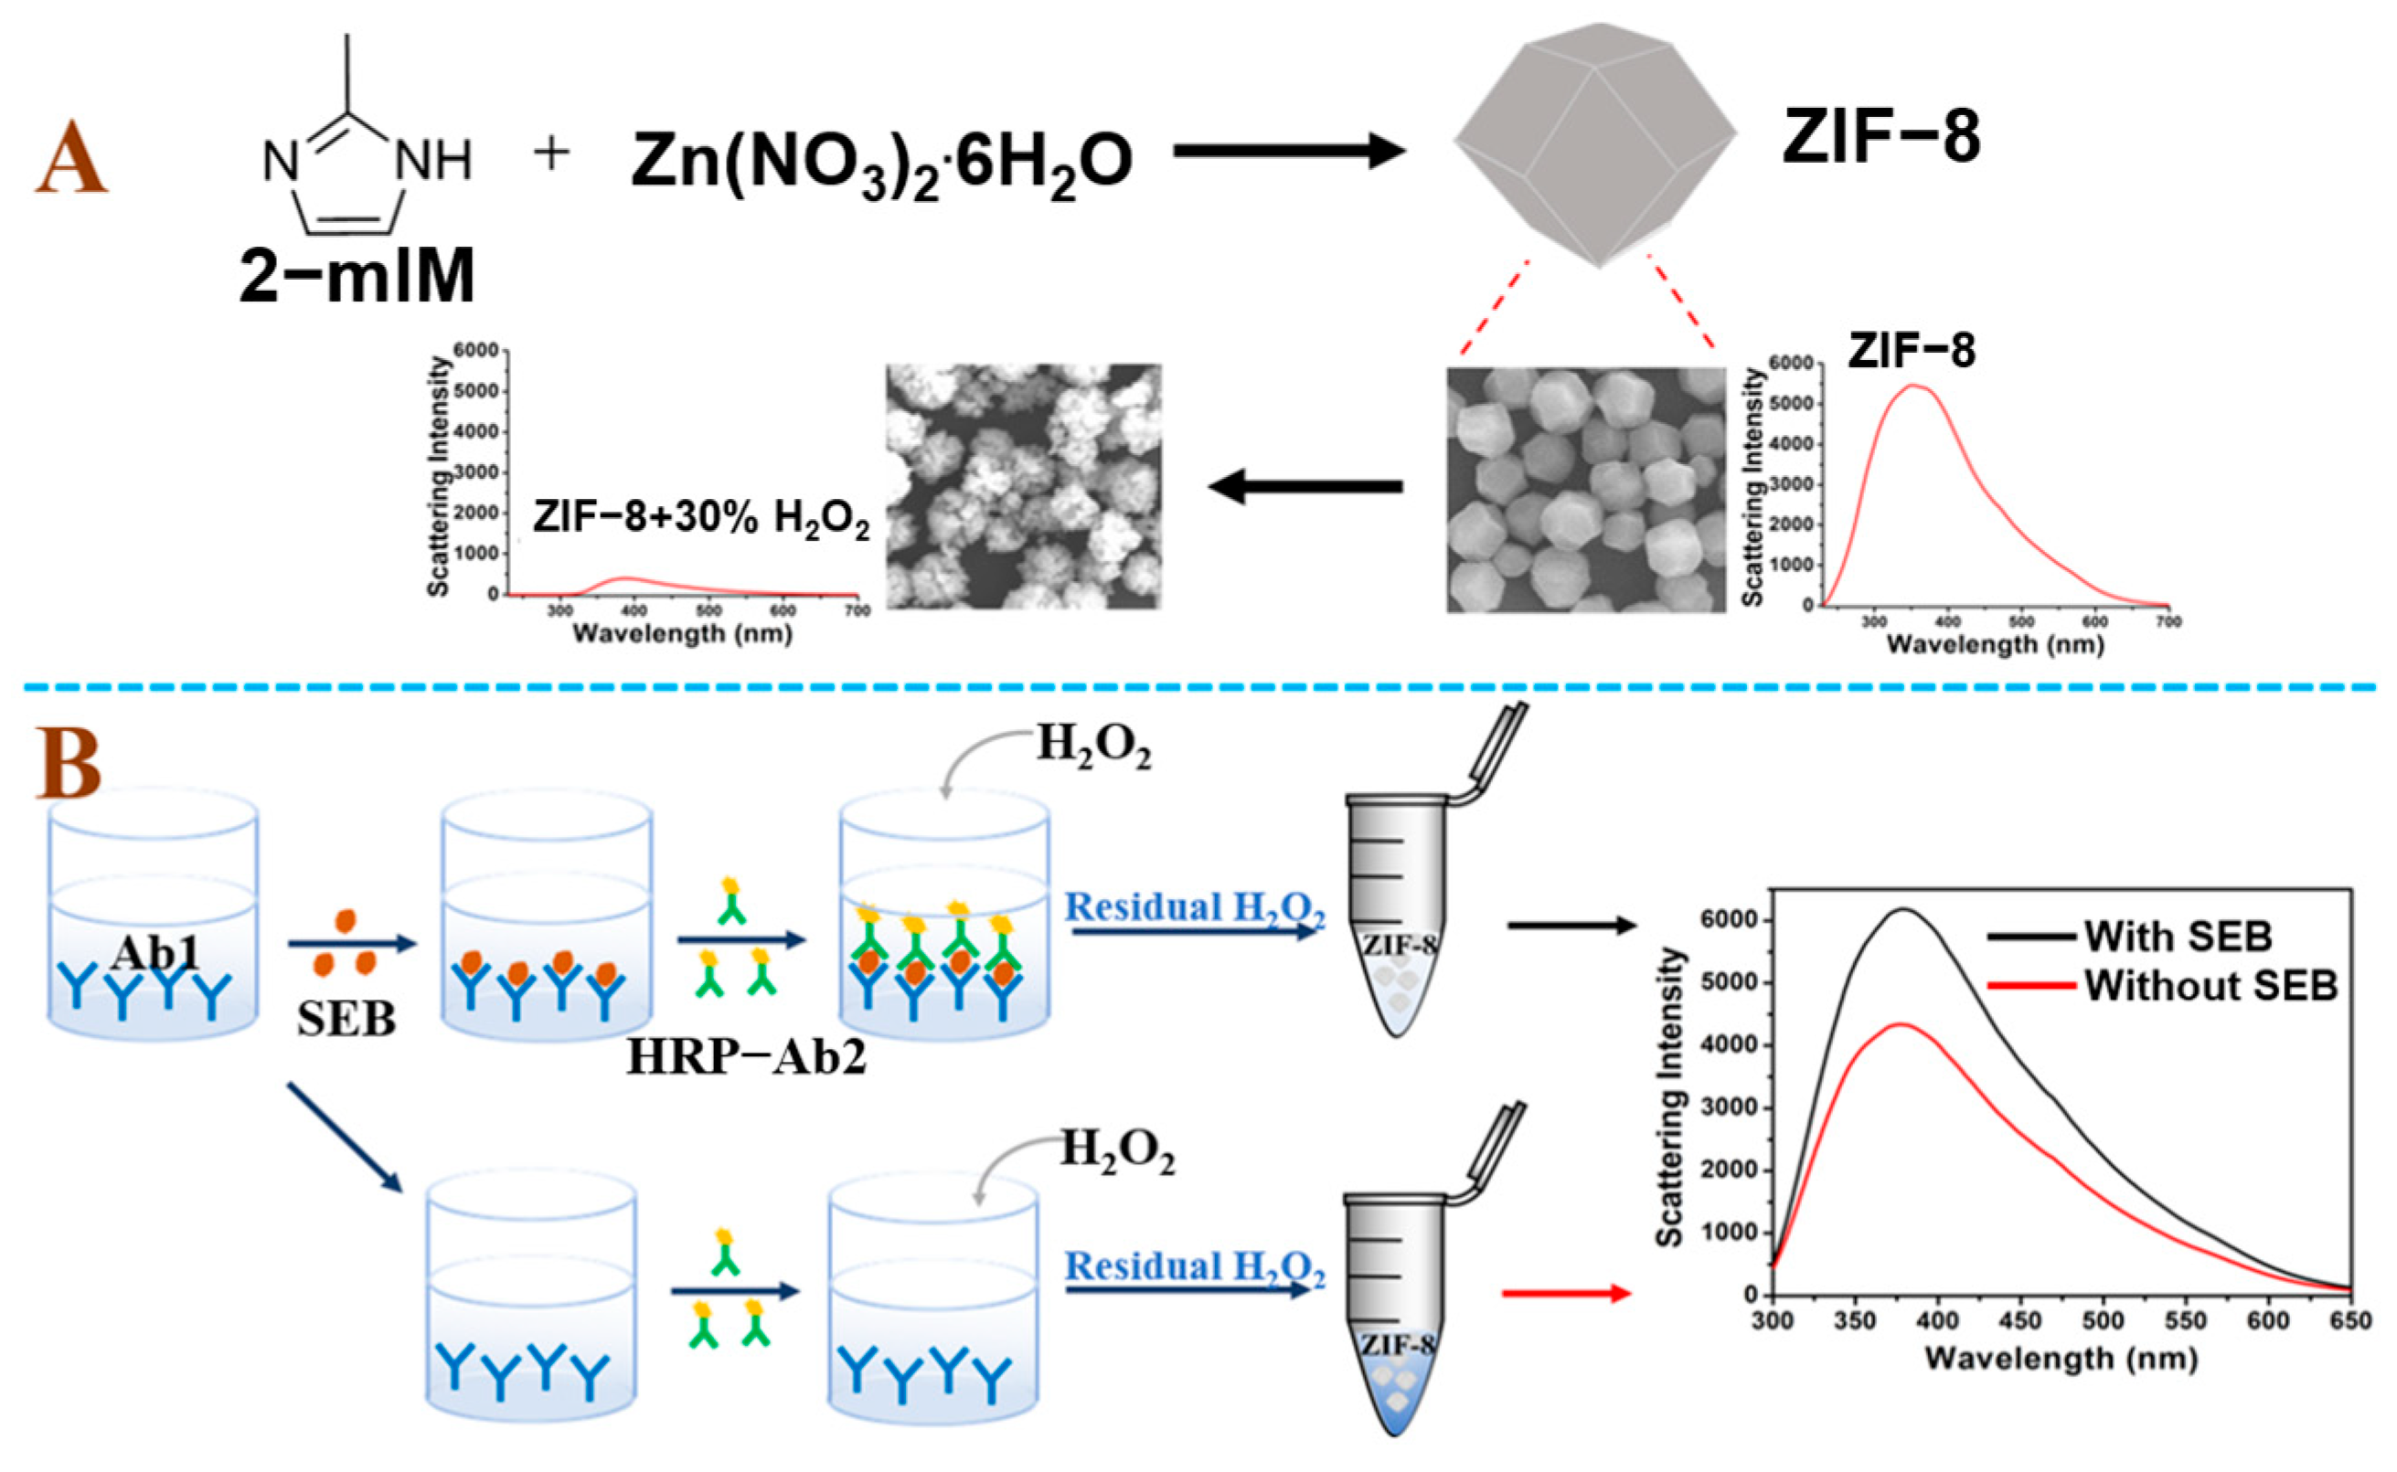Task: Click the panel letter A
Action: [70, 157]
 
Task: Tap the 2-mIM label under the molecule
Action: [357, 276]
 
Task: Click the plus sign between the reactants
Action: [552, 154]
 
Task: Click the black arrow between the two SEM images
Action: [1305, 486]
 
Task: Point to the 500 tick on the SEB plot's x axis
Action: [2103, 1321]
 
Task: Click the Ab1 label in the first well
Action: [154, 953]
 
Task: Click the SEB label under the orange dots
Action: [346, 1020]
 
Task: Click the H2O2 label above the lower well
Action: [1116, 1150]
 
